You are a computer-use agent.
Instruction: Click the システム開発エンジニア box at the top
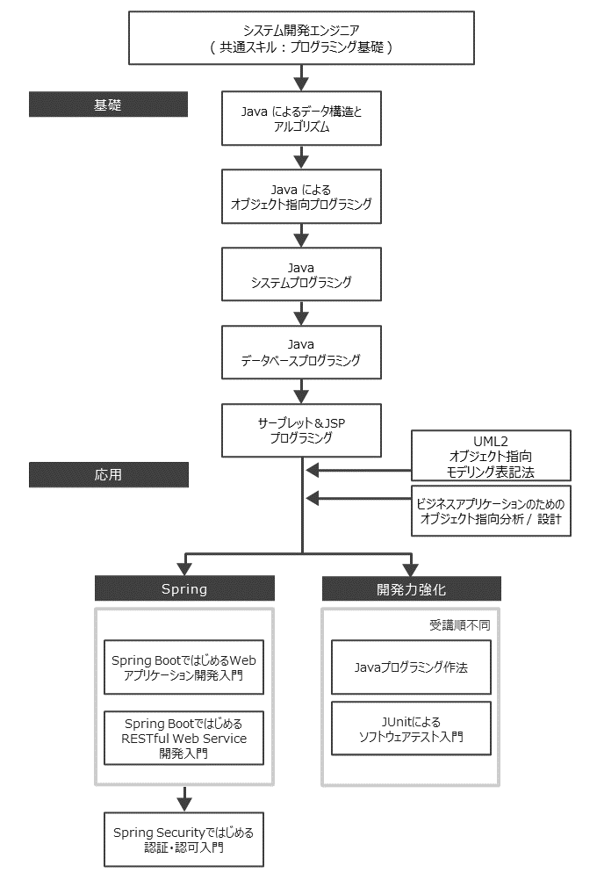click(x=301, y=39)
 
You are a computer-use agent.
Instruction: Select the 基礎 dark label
click(x=108, y=105)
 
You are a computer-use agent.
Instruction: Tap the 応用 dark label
click(x=108, y=474)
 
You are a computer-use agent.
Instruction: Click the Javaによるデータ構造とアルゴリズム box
click(x=301, y=119)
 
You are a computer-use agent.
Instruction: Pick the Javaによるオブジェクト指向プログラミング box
click(x=301, y=197)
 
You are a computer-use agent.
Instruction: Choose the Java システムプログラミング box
click(x=301, y=274)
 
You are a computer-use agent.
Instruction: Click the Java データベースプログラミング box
click(x=301, y=351)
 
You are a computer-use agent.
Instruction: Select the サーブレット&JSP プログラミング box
click(x=301, y=429)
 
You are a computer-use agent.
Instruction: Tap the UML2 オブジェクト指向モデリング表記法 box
click(x=491, y=454)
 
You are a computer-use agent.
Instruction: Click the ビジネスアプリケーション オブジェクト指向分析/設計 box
click(x=491, y=510)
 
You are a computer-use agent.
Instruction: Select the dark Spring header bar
click(x=184, y=588)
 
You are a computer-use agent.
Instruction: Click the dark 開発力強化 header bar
click(x=411, y=588)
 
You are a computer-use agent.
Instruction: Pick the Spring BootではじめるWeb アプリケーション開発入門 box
click(x=183, y=667)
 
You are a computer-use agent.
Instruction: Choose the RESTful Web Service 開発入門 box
click(x=183, y=738)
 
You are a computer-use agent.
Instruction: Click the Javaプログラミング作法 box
click(x=411, y=667)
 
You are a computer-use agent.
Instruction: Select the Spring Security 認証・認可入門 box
click(x=183, y=840)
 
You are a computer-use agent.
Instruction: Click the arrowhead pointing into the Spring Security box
click(x=183, y=802)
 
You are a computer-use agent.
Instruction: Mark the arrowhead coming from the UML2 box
click(x=313, y=471)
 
